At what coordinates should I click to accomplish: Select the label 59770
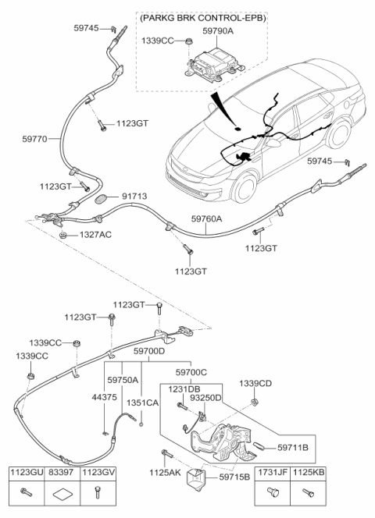tap(36, 139)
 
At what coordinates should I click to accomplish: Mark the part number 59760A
tap(207, 219)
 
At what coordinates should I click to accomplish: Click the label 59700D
tap(148, 352)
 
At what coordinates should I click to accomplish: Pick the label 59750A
tap(123, 379)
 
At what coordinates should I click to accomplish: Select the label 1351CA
tap(141, 403)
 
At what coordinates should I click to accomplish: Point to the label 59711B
tap(294, 447)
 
